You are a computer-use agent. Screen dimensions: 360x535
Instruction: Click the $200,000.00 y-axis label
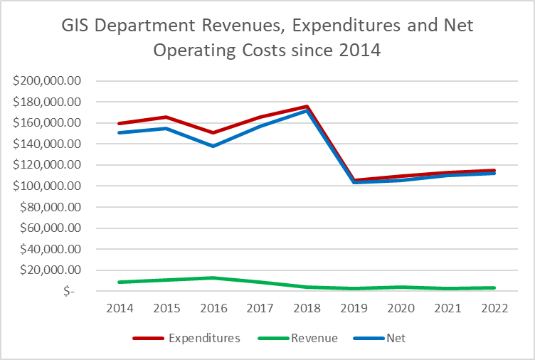(x=48, y=80)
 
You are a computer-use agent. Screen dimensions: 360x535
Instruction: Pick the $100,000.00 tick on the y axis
(x=48, y=186)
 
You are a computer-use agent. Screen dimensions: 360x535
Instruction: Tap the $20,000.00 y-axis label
(x=51, y=270)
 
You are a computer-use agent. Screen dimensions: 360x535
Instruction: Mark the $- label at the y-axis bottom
(x=68, y=292)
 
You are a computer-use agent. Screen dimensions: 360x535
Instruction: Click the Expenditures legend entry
(x=204, y=338)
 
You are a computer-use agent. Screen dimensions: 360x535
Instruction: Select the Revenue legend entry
(x=312, y=338)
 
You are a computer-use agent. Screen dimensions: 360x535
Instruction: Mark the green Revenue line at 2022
(x=495, y=287)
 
